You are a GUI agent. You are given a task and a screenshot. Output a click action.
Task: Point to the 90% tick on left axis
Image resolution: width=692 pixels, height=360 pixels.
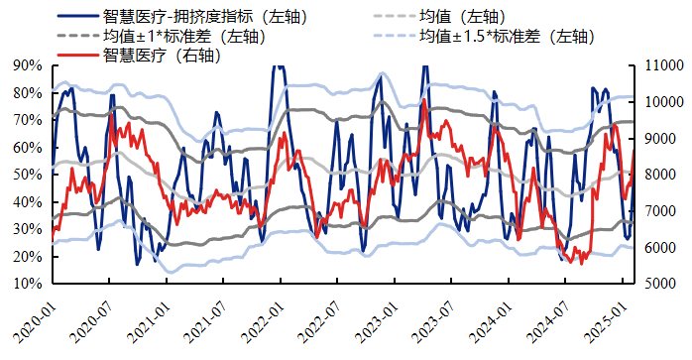point(28,65)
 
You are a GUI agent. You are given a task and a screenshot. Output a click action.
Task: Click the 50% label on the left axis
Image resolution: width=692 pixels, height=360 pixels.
point(28,175)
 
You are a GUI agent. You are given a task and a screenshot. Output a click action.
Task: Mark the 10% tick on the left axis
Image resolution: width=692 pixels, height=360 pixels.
point(28,284)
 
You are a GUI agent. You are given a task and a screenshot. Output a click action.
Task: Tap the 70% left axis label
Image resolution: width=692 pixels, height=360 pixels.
point(28,120)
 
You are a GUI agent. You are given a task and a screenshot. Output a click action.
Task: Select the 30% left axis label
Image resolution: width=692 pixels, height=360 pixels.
point(28,229)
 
